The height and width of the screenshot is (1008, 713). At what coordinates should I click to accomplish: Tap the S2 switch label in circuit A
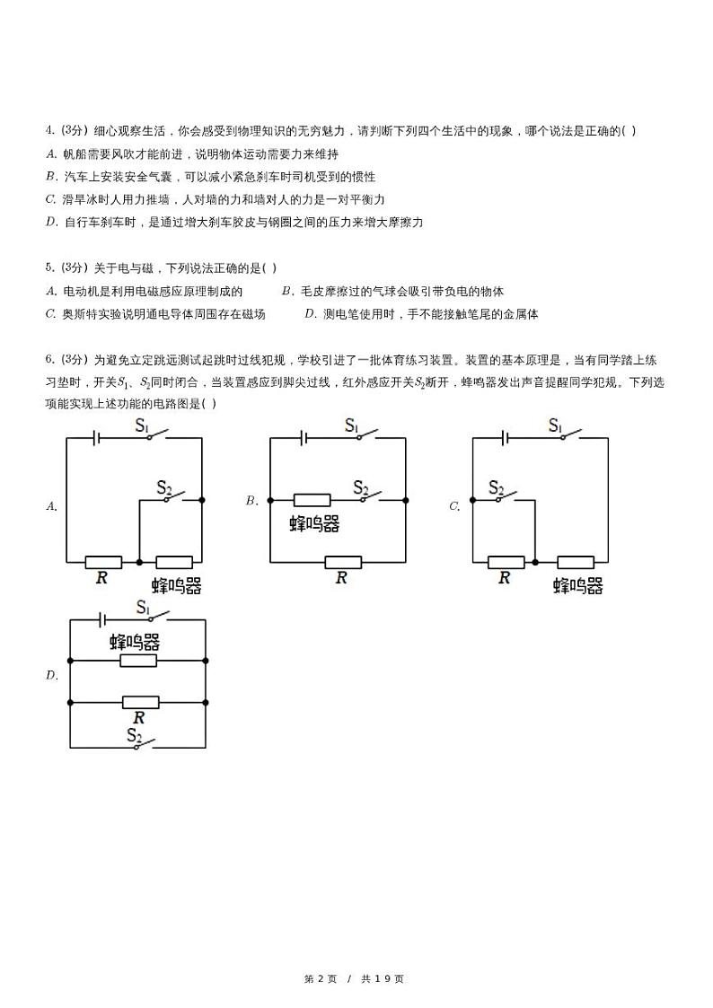coord(164,487)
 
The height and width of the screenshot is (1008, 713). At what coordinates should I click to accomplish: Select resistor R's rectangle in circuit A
coord(103,562)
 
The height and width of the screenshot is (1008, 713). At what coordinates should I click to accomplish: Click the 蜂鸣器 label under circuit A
coord(176,586)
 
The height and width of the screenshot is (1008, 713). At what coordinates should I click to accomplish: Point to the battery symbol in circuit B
coord(305,438)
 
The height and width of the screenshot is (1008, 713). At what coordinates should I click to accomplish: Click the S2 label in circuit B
coord(361,487)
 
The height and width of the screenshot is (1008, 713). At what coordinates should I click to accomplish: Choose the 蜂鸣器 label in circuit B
coord(314,524)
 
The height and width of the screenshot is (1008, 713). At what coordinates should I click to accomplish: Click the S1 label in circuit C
coord(556,425)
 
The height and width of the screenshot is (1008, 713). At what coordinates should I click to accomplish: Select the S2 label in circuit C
coord(497,487)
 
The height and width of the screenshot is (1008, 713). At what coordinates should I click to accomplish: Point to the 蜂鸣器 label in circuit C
coord(577,586)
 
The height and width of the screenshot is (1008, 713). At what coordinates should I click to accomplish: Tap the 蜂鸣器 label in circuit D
coord(135,641)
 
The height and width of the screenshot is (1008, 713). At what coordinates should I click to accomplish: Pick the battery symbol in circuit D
coord(103,620)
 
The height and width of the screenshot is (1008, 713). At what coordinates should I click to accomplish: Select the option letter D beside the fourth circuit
coord(51,676)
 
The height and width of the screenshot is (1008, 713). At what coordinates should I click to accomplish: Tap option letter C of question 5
coord(50,314)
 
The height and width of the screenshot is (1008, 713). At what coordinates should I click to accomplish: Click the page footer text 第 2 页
coord(321,978)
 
